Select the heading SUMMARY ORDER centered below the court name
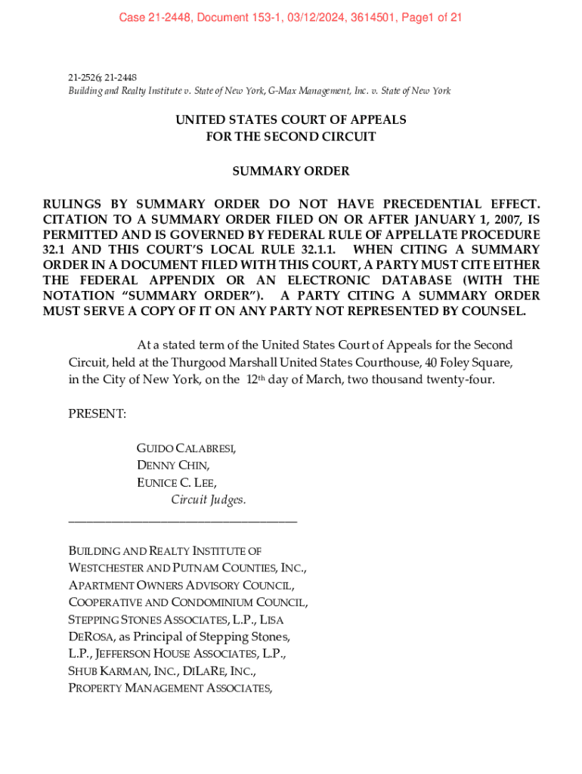tap(291, 171)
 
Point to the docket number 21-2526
tap(84, 77)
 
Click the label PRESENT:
tap(98, 413)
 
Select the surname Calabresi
tap(206, 448)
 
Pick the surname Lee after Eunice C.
tap(205, 482)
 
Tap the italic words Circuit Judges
tap(209, 500)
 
